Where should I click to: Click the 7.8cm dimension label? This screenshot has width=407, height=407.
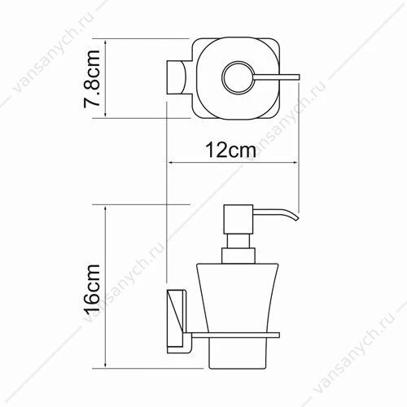[92, 79]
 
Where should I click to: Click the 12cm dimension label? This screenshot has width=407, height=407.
[230, 150]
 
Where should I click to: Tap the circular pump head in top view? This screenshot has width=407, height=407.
[239, 77]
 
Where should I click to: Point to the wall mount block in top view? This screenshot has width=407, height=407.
[176, 77]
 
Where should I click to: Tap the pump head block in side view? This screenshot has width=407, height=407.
[238, 219]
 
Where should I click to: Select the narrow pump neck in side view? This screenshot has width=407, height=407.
[238, 241]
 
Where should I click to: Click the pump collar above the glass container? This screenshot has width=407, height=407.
[239, 256]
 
